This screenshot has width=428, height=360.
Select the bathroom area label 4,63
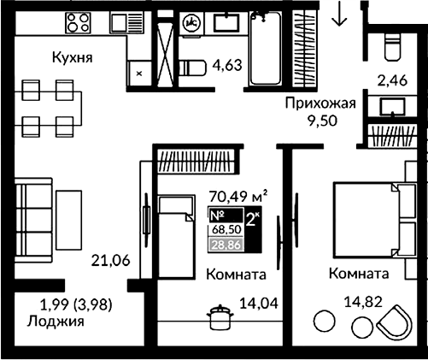pos(228,62)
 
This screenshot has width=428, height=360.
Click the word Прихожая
pos(320,103)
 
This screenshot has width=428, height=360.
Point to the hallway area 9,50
pos(324,121)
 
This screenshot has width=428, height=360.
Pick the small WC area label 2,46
pos(395,82)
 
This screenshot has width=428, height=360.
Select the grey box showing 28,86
pos(226,245)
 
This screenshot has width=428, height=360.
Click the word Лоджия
pos(54,322)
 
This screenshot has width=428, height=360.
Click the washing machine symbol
pos(192,21)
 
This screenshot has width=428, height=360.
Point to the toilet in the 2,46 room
pos(391,44)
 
